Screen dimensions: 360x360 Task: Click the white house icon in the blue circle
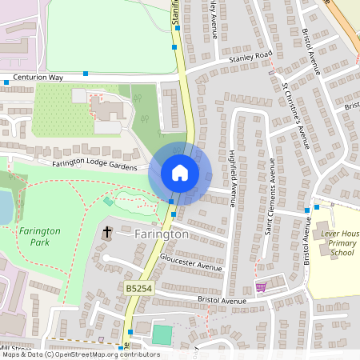point(180,173)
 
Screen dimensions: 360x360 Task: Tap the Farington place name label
point(162,234)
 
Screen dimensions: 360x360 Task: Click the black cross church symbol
point(107,233)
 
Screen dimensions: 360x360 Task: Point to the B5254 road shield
point(138,286)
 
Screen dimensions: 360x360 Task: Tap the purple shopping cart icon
point(260,286)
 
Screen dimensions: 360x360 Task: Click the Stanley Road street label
point(250,56)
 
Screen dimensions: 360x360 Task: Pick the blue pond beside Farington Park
point(5,206)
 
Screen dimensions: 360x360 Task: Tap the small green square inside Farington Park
point(108,201)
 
